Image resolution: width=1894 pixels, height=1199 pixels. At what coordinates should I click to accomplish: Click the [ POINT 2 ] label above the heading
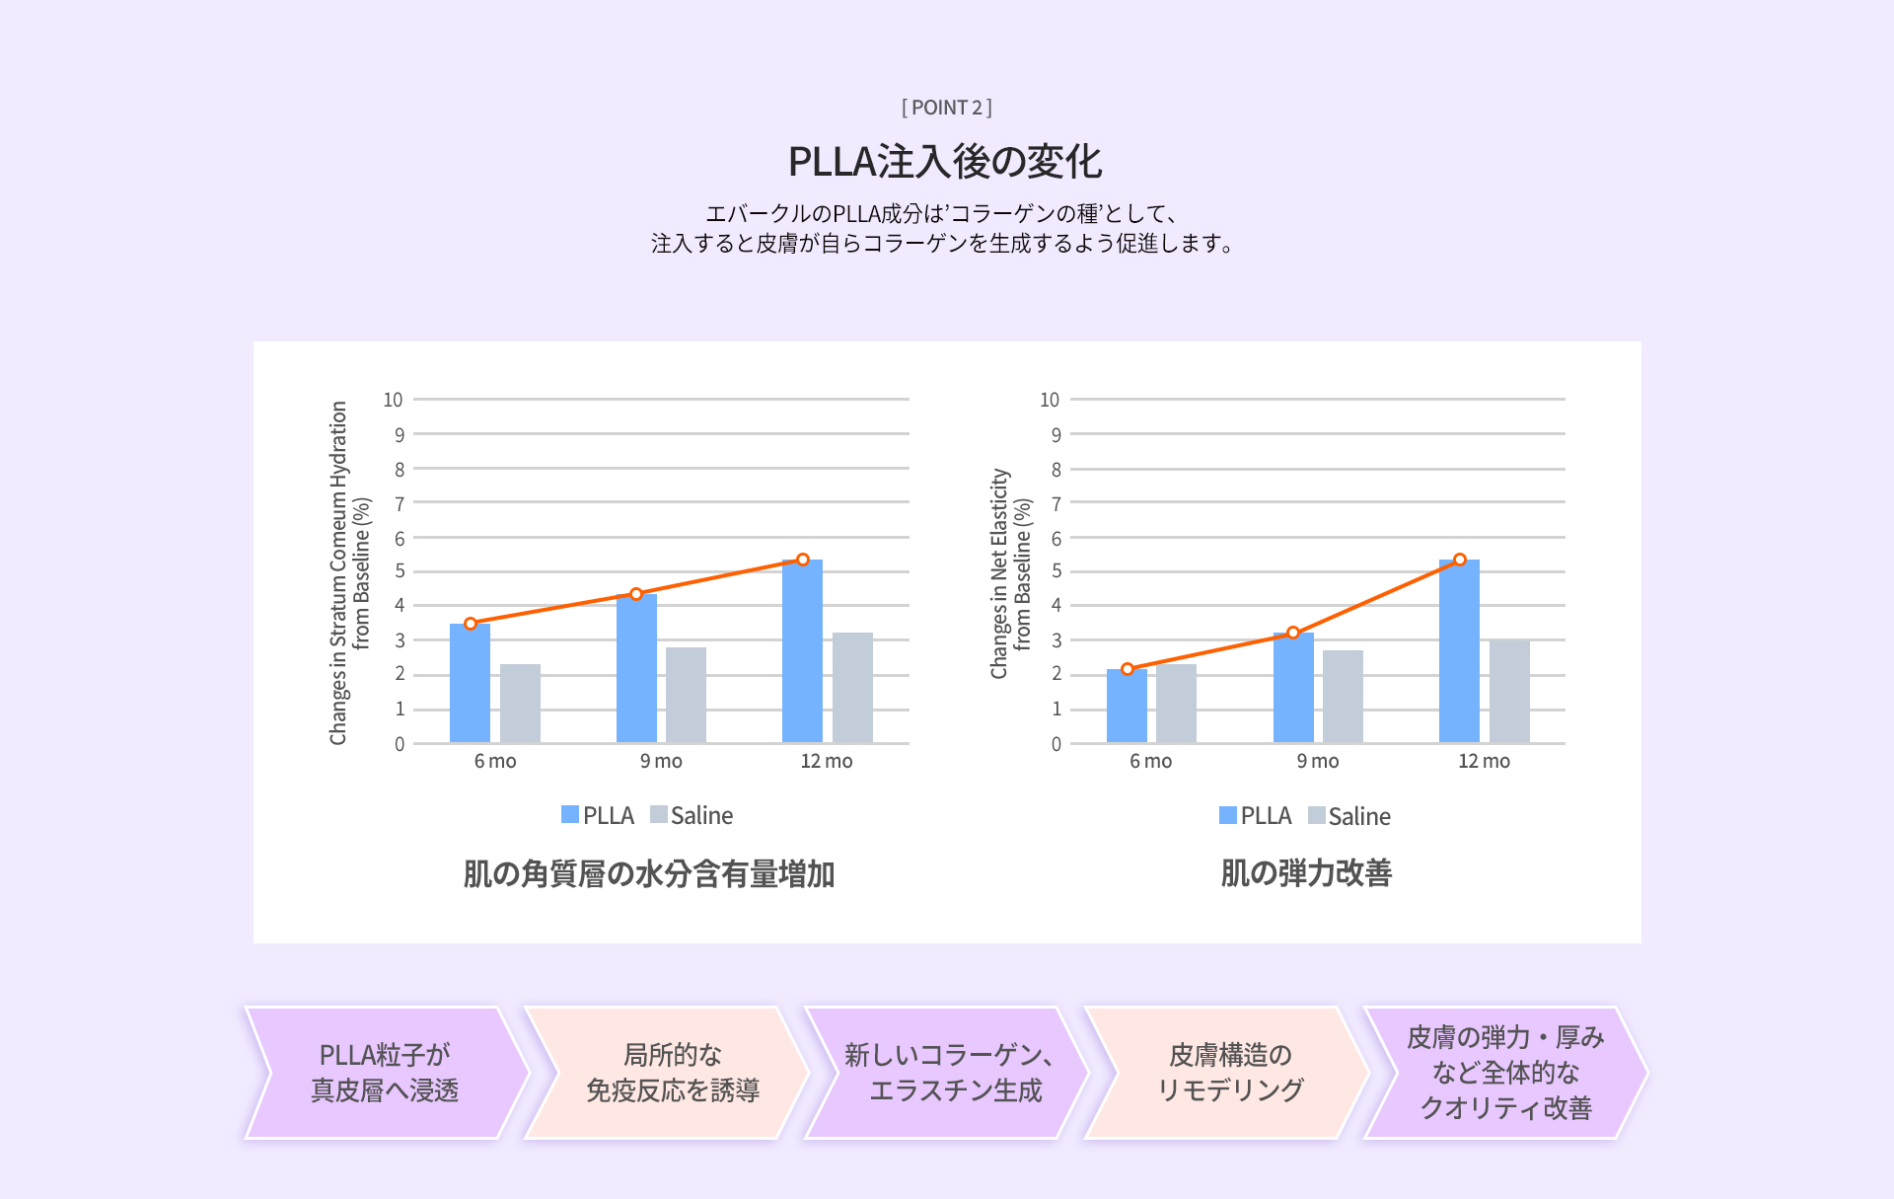coord(946,108)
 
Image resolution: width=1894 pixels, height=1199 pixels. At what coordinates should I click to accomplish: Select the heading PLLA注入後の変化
coord(945,162)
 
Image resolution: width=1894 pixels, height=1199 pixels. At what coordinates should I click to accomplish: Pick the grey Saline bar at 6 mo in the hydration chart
coord(520,704)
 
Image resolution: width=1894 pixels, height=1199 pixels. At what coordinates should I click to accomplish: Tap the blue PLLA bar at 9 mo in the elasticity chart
coord(1293,689)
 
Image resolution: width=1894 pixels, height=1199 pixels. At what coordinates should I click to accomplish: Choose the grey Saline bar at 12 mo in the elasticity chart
coord(1509,692)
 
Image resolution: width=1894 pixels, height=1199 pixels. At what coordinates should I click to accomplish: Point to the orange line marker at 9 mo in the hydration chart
coord(636,594)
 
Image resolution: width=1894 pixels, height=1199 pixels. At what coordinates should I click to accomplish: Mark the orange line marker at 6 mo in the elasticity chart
coord(1128,669)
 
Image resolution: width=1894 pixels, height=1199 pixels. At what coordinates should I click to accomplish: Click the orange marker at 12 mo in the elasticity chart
coord(1460,560)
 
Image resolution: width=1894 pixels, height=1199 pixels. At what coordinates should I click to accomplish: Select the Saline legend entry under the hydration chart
coord(692,815)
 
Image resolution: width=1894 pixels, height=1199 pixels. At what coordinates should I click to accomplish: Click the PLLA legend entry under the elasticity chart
coord(1255,816)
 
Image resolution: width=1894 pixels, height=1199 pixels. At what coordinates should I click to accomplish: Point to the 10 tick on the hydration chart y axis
coord(393,400)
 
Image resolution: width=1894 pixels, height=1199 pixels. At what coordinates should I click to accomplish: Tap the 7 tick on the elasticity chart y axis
coord(1056,503)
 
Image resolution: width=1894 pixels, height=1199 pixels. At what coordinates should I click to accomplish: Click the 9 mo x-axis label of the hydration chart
coord(661,761)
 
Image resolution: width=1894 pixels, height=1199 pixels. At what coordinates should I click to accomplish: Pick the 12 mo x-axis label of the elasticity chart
coord(1484,761)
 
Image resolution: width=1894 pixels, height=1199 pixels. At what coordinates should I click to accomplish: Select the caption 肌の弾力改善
coord(1306,873)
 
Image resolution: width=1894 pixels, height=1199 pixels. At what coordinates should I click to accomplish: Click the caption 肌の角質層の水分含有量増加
coord(649,874)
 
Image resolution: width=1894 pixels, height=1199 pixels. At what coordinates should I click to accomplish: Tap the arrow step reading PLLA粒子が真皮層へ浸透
coord(385,1073)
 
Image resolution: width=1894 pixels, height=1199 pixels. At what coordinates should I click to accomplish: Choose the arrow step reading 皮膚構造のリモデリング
coord(1229,1073)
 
